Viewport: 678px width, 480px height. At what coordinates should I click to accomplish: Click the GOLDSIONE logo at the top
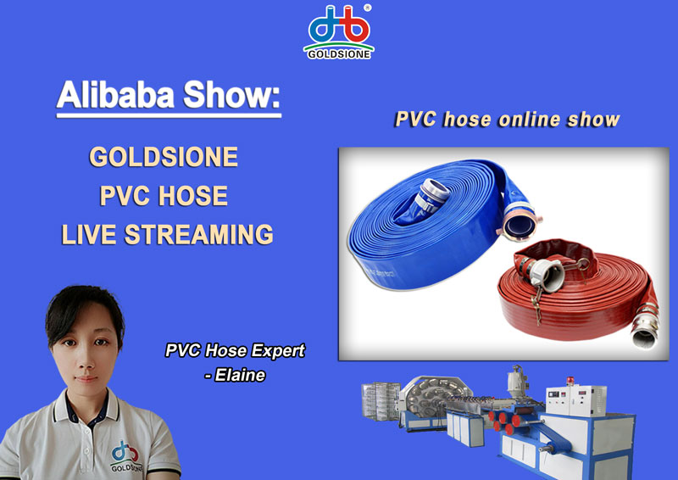coord(338,32)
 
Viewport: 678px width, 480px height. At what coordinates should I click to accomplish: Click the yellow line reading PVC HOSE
coord(164,196)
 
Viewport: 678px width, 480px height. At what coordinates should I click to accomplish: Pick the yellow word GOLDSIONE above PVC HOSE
coord(164,158)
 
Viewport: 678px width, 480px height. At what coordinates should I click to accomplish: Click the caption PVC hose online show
coord(507,119)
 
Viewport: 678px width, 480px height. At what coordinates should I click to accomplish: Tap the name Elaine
coord(241,374)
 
